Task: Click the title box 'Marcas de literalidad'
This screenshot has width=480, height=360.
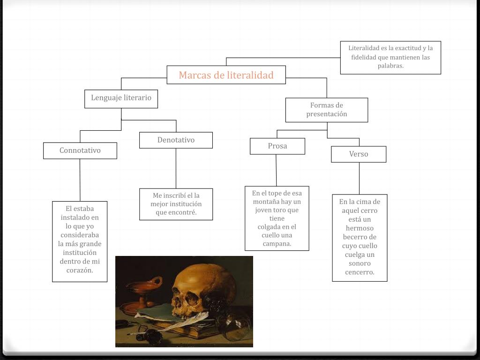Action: (x=226, y=75)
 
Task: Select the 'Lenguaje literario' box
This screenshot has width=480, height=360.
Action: (x=121, y=98)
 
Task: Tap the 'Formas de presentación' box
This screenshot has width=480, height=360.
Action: (x=327, y=110)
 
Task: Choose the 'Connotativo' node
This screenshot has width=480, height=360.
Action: (x=80, y=150)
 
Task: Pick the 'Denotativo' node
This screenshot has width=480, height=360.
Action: (x=176, y=140)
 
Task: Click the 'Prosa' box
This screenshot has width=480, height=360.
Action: (x=277, y=146)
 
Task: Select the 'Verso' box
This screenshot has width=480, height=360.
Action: (x=359, y=154)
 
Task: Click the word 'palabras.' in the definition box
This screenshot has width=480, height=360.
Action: (x=390, y=66)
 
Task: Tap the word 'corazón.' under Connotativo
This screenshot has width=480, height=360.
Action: (x=80, y=270)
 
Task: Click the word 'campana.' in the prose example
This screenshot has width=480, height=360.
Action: (x=277, y=244)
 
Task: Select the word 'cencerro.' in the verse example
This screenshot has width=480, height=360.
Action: (x=360, y=272)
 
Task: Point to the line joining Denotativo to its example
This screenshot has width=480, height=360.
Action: (x=176, y=168)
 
